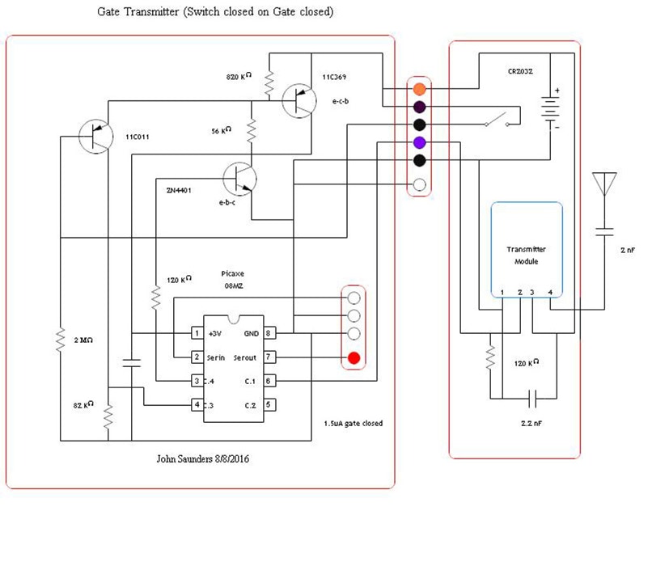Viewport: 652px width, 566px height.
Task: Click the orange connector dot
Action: [x=419, y=88]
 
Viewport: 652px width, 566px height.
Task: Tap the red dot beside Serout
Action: [x=354, y=357]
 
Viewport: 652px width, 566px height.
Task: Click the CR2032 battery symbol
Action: [x=552, y=109]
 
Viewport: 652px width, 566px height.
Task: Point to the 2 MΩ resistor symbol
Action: [x=59, y=340]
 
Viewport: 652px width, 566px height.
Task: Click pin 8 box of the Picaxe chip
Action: [x=269, y=333]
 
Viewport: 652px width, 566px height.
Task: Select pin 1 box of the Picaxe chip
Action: [x=196, y=333]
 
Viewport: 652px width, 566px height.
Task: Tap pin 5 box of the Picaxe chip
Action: [x=269, y=405]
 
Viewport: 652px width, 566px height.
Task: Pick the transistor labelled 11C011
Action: [x=95, y=135]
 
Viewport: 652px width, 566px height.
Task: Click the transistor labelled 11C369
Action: [x=298, y=99]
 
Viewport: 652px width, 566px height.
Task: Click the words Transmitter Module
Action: [x=526, y=256]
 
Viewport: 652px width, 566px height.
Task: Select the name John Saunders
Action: [x=187, y=459]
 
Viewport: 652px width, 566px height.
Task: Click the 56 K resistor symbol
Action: [x=252, y=129]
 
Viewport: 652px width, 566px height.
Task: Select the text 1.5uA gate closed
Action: [x=353, y=423]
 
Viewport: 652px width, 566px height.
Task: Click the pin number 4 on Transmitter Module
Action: [x=551, y=292]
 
